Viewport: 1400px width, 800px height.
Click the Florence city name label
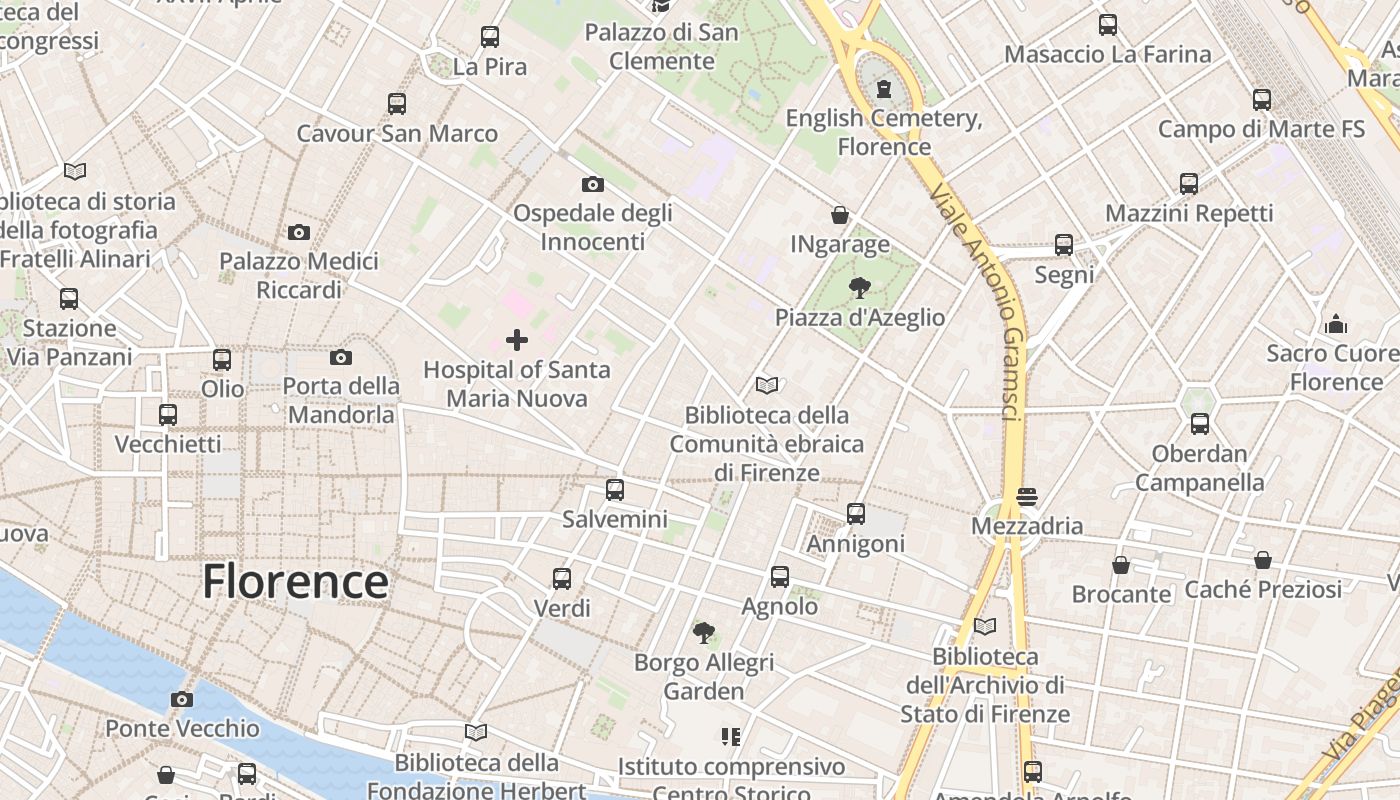[x=295, y=581]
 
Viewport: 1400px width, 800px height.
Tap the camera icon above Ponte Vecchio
[x=181, y=699]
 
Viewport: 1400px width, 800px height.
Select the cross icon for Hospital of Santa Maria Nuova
[x=517, y=340]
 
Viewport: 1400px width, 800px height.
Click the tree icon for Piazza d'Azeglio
[x=859, y=289]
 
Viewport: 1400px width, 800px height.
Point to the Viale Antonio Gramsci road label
[x=979, y=300]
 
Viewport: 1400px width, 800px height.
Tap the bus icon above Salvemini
[x=615, y=490]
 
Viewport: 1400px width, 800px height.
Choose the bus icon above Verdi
[x=562, y=578]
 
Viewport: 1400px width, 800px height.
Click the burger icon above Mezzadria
[x=1027, y=496]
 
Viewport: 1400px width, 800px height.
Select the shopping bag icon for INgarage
[x=840, y=215]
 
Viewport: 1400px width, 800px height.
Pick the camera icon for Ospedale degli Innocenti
[x=593, y=184]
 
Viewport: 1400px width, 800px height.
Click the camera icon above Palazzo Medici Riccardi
[x=298, y=232]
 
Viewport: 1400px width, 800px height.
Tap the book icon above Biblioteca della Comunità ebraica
[x=767, y=385]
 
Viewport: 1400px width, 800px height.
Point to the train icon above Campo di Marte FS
[x=1262, y=100]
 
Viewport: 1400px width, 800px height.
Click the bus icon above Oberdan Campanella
[x=1200, y=424]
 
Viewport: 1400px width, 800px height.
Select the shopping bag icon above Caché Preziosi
[x=1263, y=560]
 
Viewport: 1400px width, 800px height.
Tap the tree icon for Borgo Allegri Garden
[x=704, y=632]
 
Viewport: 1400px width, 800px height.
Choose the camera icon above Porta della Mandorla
[x=341, y=357]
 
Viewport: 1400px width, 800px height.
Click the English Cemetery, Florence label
[x=884, y=132]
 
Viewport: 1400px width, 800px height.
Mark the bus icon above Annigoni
[x=856, y=514]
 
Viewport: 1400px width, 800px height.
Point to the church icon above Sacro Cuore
[x=1335, y=324]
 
